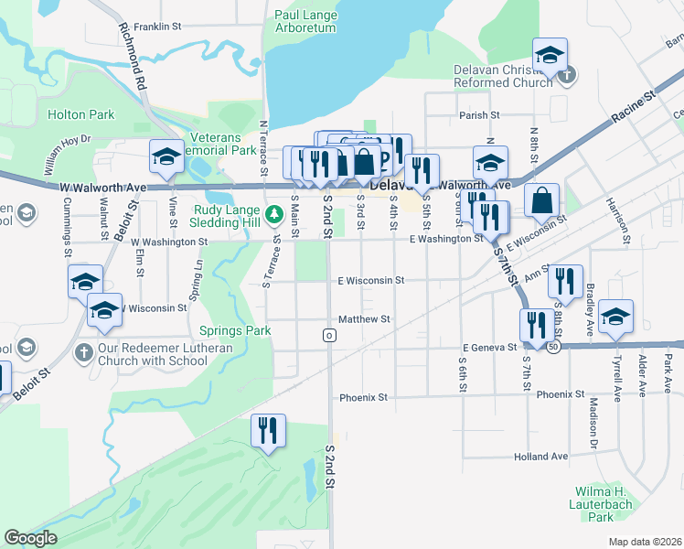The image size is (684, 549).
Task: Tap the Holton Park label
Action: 81,115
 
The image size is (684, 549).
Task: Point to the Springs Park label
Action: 229,329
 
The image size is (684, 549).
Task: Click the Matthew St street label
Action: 364,319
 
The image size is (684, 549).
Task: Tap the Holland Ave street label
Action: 541,457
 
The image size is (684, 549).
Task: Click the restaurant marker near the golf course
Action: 268,431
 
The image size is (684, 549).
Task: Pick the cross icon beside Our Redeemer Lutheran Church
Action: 83,352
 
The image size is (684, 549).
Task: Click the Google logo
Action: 30,538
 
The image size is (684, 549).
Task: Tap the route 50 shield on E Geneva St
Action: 554,348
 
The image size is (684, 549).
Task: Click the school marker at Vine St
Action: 167,157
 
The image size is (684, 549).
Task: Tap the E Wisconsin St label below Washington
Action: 370,281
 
